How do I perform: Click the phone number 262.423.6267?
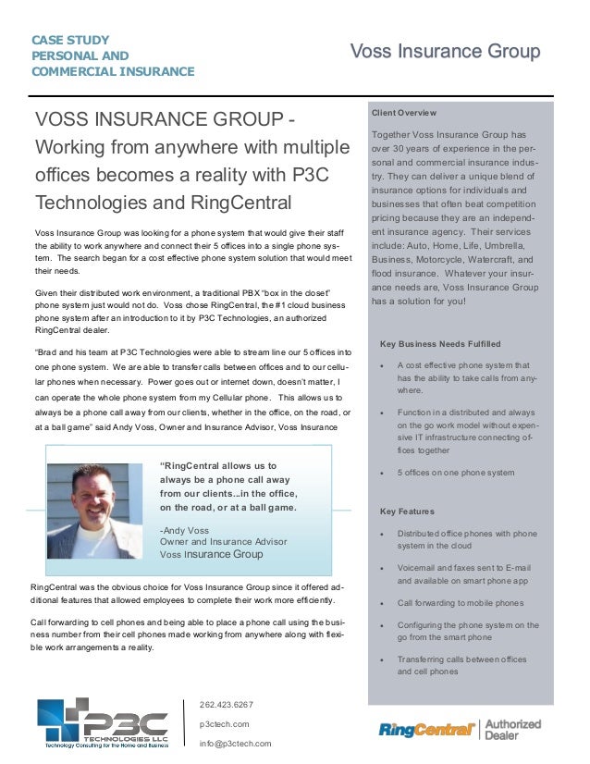pyautogui.click(x=227, y=704)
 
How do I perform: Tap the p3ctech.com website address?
pyautogui.click(x=225, y=723)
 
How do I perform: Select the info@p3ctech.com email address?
pyautogui.click(x=236, y=743)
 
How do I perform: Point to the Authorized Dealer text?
pyautogui.click(x=513, y=730)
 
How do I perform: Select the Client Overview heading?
pyautogui.click(x=404, y=113)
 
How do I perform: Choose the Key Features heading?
pyautogui.click(x=407, y=511)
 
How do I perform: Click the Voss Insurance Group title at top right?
pyautogui.click(x=444, y=51)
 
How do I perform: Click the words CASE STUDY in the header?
pyautogui.click(x=70, y=40)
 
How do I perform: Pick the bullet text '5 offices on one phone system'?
pyautogui.click(x=455, y=473)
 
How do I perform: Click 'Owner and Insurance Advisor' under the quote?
pyautogui.click(x=217, y=542)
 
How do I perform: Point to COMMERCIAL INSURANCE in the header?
pyautogui.click(x=113, y=71)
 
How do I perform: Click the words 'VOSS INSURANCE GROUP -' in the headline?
pyautogui.click(x=166, y=121)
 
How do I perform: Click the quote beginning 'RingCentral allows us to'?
pyautogui.click(x=218, y=465)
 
